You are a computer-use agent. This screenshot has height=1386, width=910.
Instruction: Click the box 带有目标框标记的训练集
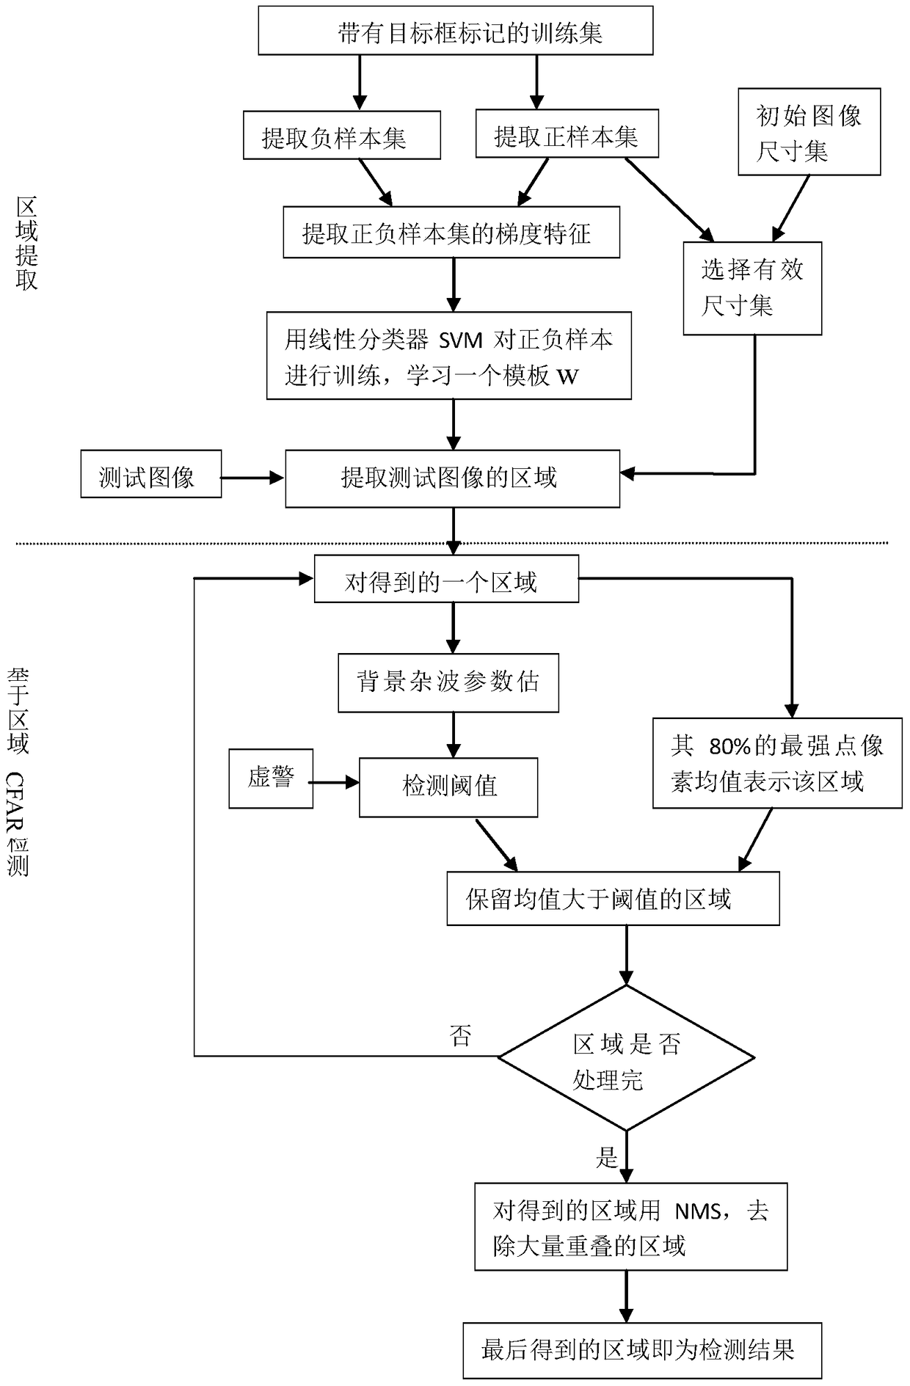(x=455, y=31)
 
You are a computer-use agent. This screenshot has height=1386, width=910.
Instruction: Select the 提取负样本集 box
(x=341, y=136)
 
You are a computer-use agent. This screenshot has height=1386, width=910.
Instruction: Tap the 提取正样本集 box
(x=567, y=134)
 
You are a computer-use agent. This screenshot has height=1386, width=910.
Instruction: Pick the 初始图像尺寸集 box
(x=809, y=132)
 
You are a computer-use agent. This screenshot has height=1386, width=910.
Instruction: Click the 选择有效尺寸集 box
(x=752, y=288)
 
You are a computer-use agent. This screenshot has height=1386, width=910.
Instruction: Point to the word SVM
(x=460, y=340)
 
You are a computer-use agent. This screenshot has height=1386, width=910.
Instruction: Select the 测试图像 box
(x=150, y=474)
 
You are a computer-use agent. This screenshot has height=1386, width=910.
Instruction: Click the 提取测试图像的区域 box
(x=452, y=479)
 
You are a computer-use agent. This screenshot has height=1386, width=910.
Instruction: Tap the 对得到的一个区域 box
(x=446, y=580)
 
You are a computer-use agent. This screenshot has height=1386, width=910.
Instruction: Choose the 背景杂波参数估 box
(x=448, y=682)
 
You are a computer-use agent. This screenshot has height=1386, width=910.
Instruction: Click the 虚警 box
(x=271, y=778)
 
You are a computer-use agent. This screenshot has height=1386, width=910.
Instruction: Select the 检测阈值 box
(x=448, y=787)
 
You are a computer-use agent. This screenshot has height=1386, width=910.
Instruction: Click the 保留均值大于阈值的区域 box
(x=613, y=899)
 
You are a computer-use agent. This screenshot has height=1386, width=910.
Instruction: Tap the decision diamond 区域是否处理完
(x=626, y=1057)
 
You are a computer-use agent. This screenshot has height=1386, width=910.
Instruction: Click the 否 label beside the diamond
(x=460, y=1035)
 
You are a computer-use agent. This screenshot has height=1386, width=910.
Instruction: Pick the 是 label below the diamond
(x=607, y=1158)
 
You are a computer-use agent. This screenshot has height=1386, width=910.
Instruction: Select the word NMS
(x=697, y=1211)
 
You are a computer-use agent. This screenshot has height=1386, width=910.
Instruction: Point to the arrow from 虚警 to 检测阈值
(x=335, y=784)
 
